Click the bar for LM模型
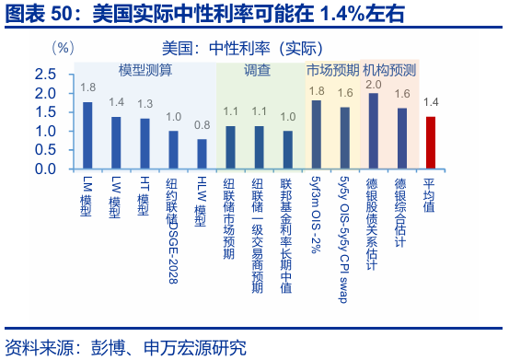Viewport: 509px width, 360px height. (x=87, y=135)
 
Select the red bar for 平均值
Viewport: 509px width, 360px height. (x=430, y=143)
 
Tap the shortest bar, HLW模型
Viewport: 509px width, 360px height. (x=202, y=154)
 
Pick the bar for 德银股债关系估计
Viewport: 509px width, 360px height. (x=373, y=131)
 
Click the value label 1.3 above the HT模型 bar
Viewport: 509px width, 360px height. (x=145, y=104)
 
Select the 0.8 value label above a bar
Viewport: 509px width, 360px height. (x=202, y=125)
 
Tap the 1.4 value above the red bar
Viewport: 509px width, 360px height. (x=430, y=102)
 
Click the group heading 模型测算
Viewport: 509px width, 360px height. (x=145, y=70)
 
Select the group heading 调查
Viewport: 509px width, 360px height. (x=258, y=70)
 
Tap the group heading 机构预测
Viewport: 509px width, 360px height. (x=389, y=70)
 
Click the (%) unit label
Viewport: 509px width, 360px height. (x=64, y=47)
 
